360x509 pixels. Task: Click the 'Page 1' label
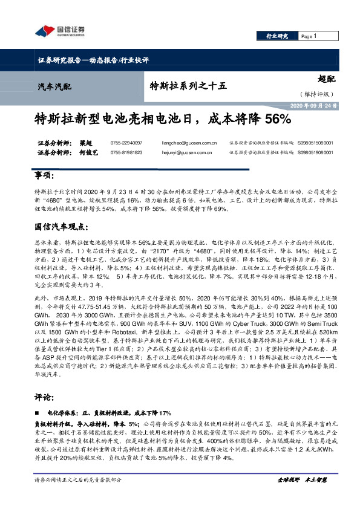click(x=309, y=36)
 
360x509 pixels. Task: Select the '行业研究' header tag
click(x=278, y=36)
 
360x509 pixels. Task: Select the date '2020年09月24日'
click(x=307, y=105)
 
